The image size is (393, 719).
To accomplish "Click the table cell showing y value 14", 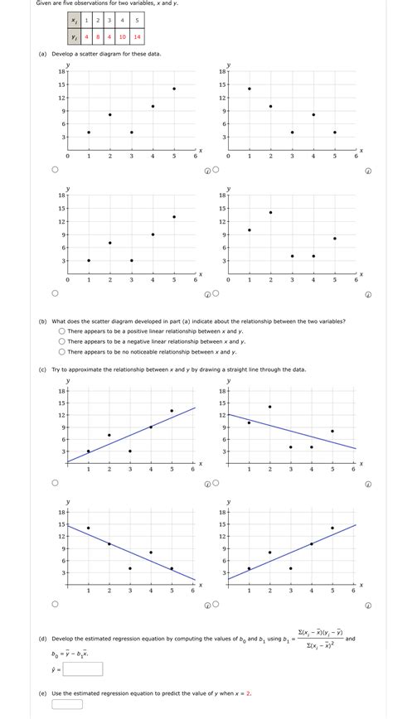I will (137, 36).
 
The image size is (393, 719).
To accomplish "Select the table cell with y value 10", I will (122, 36).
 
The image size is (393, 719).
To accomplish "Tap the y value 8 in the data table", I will (98, 36).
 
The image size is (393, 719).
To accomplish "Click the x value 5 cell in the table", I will (137, 19).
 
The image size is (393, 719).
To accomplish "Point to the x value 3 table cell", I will (109, 19).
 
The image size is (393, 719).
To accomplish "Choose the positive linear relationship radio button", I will (62, 331).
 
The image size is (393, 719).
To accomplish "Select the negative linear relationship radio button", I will (62, 341).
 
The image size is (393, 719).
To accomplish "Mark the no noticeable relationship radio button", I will (62, 351).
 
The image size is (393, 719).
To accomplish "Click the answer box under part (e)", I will (67, 705).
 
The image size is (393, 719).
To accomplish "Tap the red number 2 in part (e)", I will (249, 693).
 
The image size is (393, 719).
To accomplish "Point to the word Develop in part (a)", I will (65, 54).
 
